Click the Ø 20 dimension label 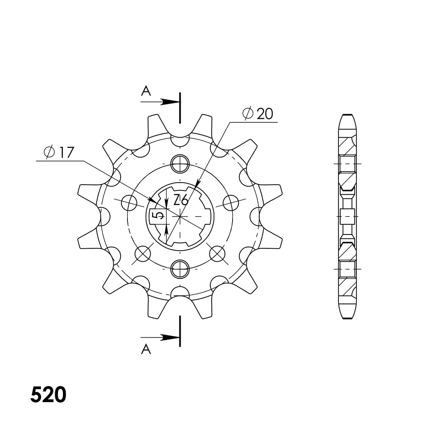tap(258, 114)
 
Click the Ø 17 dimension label tap(59, 152)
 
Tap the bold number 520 tap(48, 395)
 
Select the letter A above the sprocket tap(146, 91)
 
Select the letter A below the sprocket tap(146, 349)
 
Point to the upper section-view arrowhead tap(170, 102)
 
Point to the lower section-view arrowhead tap(170, 337)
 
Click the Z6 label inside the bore tap(181, 201)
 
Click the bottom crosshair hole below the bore tap(180, 269)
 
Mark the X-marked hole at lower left tap(143, 253)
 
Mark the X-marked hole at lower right tap(217, 253)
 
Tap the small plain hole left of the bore tap(129, 203)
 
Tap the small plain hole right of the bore tap(231, 203)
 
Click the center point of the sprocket tap(180, 216)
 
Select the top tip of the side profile tap(347, 115)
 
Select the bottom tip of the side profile tap(347, 318)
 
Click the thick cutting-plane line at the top tap(180, 108)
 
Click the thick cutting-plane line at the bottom tap(180, 331)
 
